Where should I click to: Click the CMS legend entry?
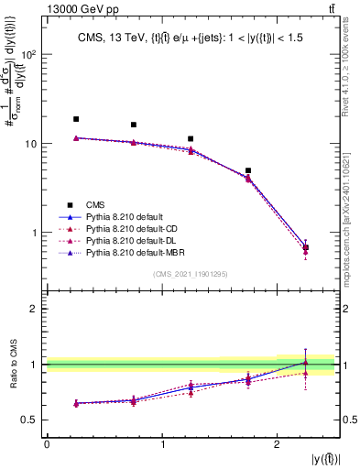tap(96, 204)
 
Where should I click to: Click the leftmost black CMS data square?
tap(76, 119)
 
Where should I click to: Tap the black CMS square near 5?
tap(248, 170)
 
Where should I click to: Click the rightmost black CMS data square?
tap(306, 247)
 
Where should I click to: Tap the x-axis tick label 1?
tap(162, 444)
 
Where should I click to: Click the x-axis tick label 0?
tap(47, 444)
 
